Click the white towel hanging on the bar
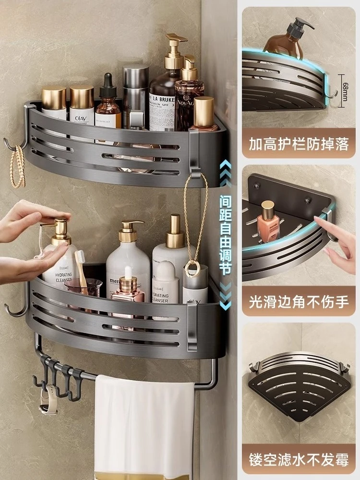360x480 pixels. point(144,422)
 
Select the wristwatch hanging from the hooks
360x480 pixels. point(47,401)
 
